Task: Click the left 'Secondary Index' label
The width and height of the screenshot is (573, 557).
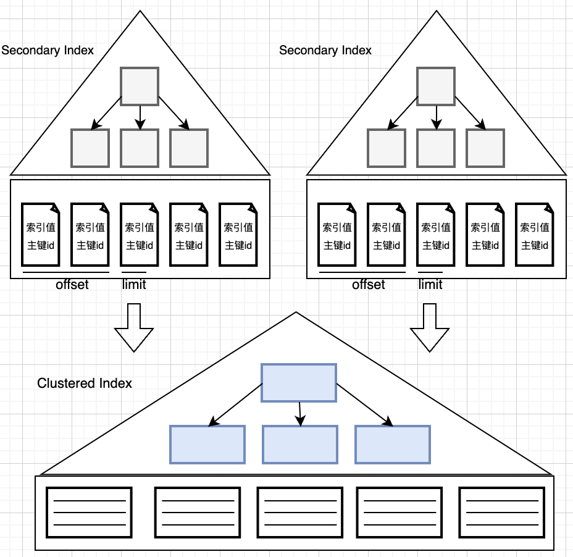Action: click(48, 50)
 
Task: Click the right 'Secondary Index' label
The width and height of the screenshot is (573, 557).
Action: click(325, 50)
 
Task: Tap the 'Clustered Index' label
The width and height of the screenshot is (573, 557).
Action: click(85, 383)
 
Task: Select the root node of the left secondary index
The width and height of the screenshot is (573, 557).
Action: click(140, 86)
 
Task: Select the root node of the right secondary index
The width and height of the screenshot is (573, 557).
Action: click(436, 86)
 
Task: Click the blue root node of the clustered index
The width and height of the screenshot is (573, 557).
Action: click(299, 383)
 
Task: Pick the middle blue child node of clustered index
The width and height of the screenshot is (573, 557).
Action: click(300, 445)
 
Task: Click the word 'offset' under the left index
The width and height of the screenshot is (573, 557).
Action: click(72, 285)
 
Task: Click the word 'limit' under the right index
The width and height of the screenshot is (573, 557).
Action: click(430, 285)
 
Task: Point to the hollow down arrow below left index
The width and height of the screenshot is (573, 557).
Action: click(134, 327)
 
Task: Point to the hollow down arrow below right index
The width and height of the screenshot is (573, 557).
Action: click(430, 327)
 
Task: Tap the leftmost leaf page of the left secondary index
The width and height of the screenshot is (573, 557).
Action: click(40, 235)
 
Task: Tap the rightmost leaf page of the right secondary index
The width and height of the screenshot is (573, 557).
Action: click(534, 235)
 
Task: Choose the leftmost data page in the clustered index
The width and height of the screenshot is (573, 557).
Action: click(90, 513)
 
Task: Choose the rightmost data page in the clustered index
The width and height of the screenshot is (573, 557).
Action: click(502, 513)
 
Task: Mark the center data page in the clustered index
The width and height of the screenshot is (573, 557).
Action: click(299, 513)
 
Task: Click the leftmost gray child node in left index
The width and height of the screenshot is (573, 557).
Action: click(90, 148)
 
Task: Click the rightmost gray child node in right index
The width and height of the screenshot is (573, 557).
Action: click(485, 148)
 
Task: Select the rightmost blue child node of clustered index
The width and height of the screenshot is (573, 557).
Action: click(393, 445)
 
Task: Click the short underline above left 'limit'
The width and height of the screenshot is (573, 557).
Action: click(134, 272)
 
